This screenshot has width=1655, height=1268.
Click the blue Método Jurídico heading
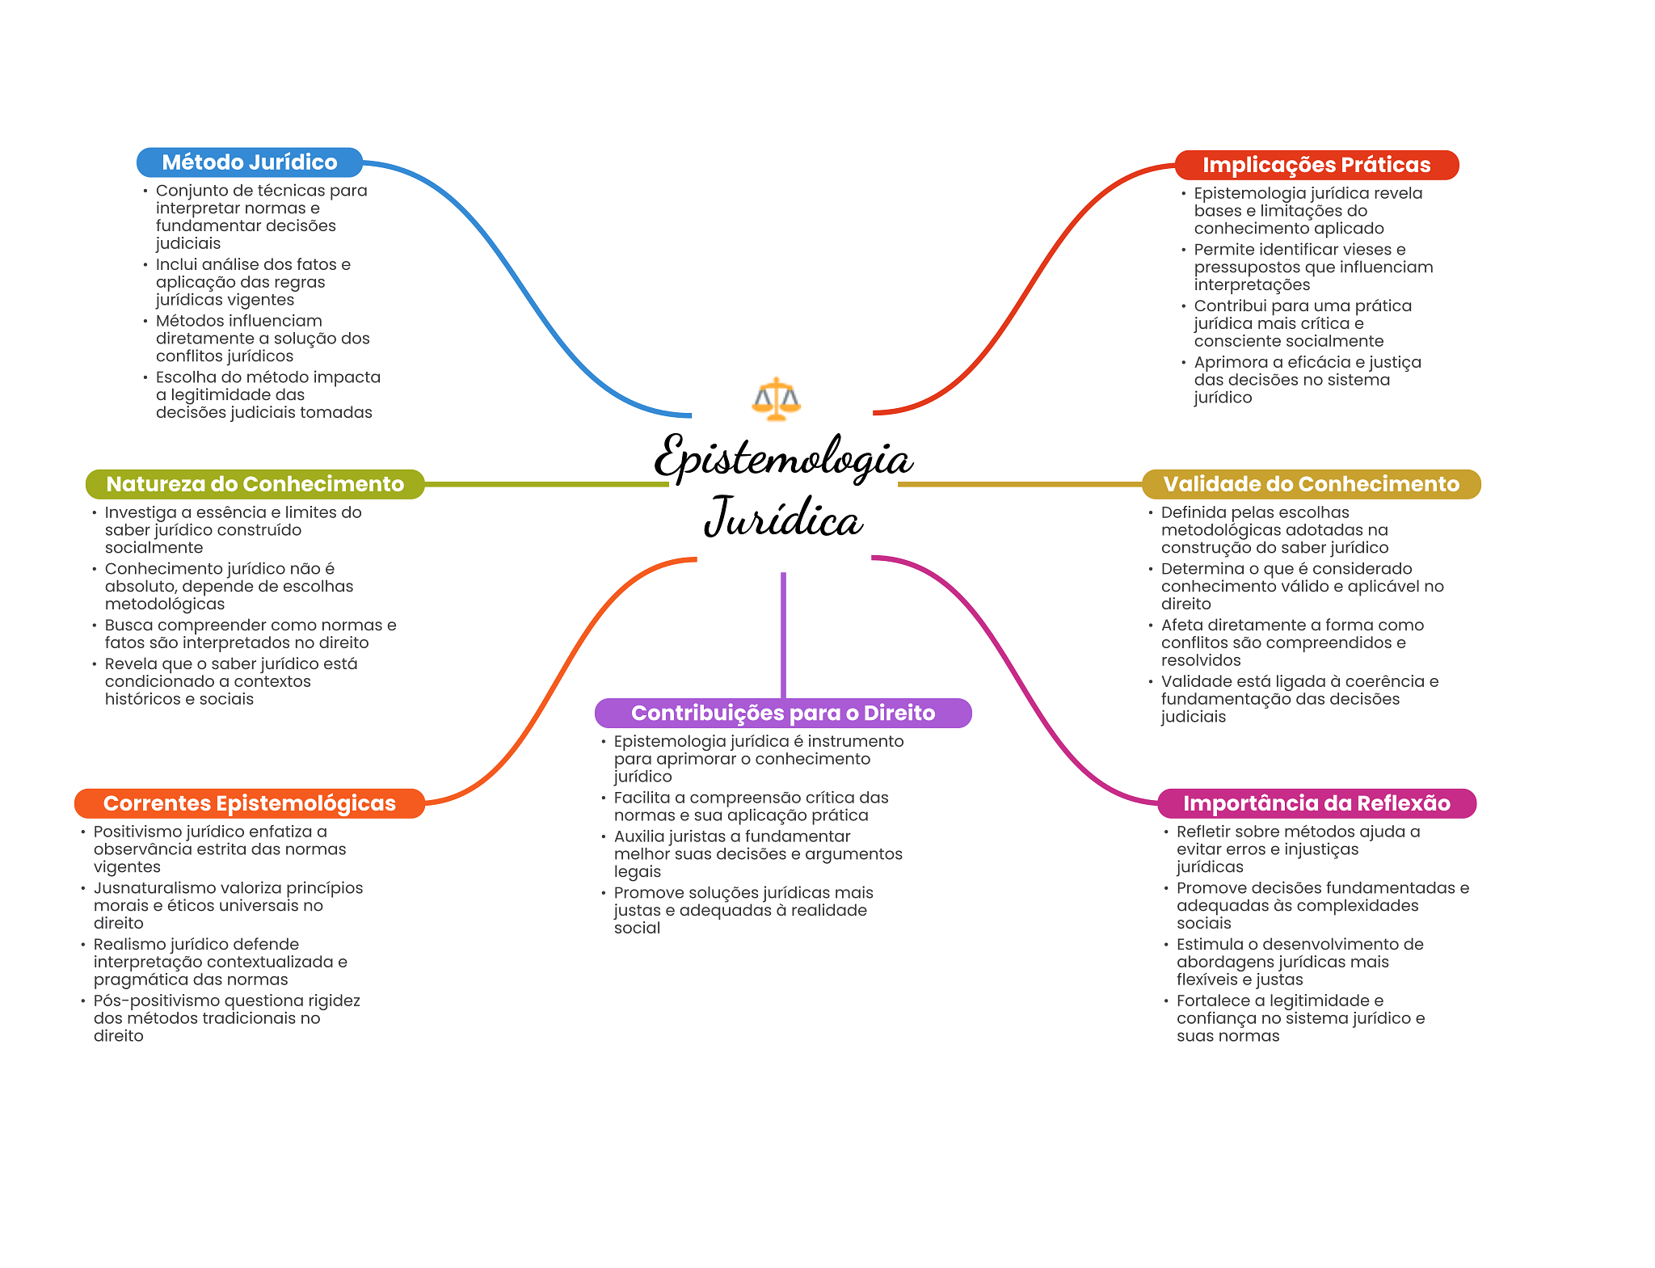tap(250, 162)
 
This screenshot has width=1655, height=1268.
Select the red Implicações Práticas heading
tap(1316, 165)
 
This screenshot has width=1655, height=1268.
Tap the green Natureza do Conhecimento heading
tap(255, 484)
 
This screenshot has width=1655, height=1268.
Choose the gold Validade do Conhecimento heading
tap(1311, 484)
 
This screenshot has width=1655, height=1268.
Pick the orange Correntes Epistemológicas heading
tap(249, 803)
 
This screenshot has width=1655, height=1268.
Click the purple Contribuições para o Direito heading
tap(783, 713)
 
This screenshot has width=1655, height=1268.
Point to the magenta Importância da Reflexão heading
tap(1316, 803)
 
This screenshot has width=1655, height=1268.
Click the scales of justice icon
tap(776, 399)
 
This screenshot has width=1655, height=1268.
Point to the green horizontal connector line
tap(546, 484)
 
